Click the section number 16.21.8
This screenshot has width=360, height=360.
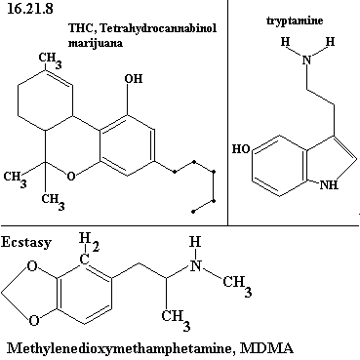29,9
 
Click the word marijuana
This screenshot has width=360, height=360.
96,43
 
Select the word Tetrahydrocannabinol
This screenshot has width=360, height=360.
158,28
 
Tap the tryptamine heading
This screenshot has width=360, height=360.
295,21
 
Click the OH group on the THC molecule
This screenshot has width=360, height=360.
134,79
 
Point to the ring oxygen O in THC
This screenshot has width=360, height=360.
71,177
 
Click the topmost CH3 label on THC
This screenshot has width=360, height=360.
50,60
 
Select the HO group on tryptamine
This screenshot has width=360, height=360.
241,149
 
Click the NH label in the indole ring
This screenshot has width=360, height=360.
329,184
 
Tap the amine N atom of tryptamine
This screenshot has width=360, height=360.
306,60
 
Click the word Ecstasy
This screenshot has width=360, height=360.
26,243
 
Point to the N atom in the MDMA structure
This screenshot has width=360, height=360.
195,266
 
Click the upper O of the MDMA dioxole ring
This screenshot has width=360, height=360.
32,266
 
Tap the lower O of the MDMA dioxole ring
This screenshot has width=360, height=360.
34,320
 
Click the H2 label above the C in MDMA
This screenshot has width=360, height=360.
89,243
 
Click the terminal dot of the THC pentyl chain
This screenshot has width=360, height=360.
193,212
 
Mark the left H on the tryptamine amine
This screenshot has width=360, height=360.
286,42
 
